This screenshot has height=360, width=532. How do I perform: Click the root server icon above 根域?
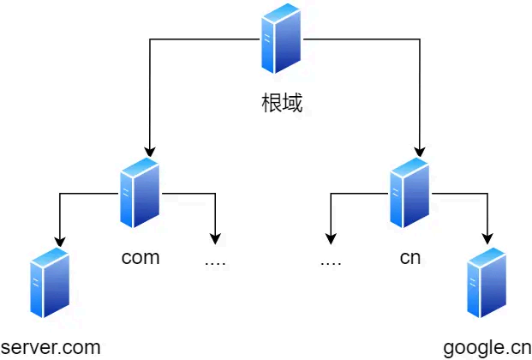click(x=281, y=39)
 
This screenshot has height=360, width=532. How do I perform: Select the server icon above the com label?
click(x=140, y=193)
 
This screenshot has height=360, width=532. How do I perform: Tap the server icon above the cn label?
click(x=409, y=193)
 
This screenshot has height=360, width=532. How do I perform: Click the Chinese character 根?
click(x=271, y=105)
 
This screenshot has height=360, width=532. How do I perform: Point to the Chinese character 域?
click(x=292, y=105)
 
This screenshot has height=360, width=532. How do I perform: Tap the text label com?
click(x=140, y=257)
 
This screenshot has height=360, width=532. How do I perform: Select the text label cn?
click(x=409, y=257)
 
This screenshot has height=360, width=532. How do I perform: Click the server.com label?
click(x=51, y=347)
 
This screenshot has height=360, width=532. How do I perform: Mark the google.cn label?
click(x=487, y=348)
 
